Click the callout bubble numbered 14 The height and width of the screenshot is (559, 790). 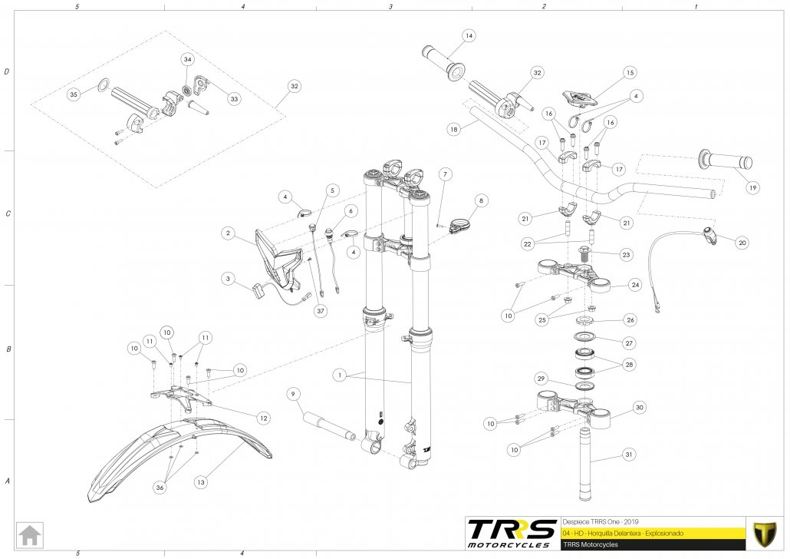coord(469,36)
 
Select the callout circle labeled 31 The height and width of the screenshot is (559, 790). coord(629,455)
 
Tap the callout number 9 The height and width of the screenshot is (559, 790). coord(292,395)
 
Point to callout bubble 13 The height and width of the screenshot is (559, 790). coord(200,482)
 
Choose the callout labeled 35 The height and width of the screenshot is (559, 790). coord(74,94)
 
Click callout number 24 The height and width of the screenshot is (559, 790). coord(635,285)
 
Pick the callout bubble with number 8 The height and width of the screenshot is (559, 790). coord(481,200)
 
